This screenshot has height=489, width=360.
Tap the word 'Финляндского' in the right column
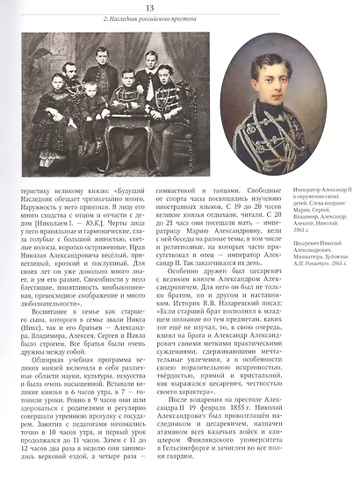click(x=200, y=456)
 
